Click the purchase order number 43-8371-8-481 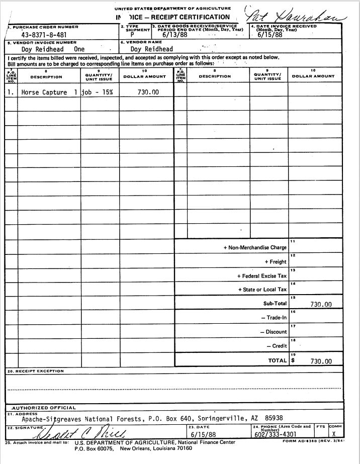click(44, 35)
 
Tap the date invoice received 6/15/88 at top click(270, 35)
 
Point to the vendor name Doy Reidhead click(151, 49)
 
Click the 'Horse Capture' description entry click(44, 92)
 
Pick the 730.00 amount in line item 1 click(148, 92)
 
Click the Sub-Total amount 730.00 click(321, 304)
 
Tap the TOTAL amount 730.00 click(321, 361)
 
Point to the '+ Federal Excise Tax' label click(261, 276)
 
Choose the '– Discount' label click(273, 332)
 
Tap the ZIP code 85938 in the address click(274, 418)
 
